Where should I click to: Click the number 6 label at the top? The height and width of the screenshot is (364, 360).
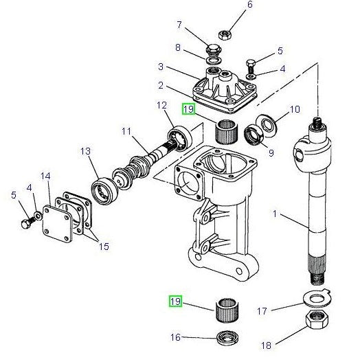pyautogui.click(x=230, y=5)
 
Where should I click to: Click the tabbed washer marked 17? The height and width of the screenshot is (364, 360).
pyautogui.click(x=316, y=297)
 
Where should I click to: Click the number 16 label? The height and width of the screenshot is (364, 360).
pyautogui.click(x=175, y=337)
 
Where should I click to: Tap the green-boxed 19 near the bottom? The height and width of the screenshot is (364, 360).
pyautogui.click(x=176, y=301)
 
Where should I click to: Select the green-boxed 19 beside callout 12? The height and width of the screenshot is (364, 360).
pyautogui.click(x=188, y=109)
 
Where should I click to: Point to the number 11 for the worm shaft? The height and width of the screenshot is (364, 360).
pyautogui.click(x=126, y=130)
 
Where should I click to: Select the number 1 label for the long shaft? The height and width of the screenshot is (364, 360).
pyautogui.click(x=274, y=214)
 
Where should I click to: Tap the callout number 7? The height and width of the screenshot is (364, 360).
pyautogui.click(x=179, y=25)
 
